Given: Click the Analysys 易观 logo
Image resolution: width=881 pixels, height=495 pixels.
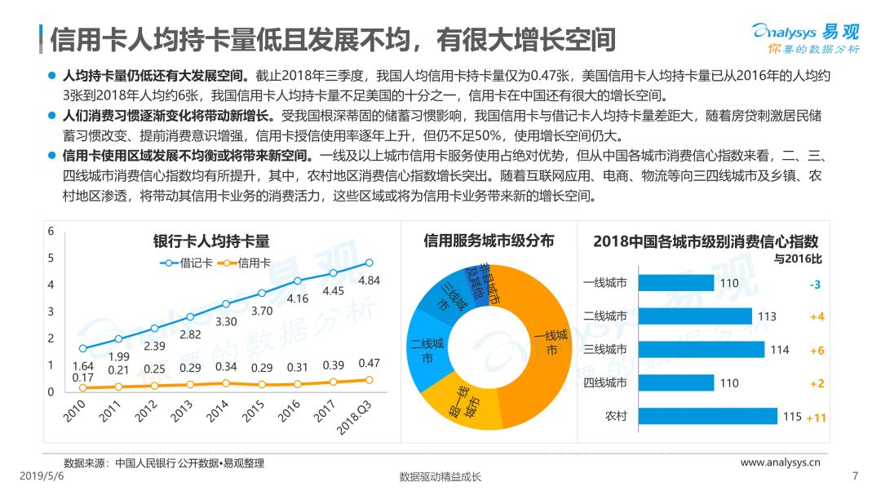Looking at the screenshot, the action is (806, 38).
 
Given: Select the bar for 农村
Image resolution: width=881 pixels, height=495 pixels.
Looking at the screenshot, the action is (708, 416).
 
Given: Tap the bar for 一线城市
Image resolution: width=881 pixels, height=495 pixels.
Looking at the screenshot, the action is (676, 283).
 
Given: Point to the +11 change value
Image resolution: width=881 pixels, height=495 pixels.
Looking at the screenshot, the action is (817, 418).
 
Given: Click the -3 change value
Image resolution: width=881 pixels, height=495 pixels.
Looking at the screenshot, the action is (815, 285).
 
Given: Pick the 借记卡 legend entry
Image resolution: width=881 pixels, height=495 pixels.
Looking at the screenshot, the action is (187, 263).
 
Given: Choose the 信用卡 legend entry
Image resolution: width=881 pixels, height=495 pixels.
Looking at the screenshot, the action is (245, 263).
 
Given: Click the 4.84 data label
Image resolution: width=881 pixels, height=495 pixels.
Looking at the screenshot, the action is (370, 281).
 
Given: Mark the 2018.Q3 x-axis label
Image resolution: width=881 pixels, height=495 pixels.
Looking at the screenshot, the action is (355, 418).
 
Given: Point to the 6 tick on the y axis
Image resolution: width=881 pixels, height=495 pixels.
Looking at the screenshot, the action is (51, 231).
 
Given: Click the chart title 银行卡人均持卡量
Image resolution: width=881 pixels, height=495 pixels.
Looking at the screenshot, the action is (211, 241).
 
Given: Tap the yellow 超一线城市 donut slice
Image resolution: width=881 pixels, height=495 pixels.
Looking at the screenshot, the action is (462, 402).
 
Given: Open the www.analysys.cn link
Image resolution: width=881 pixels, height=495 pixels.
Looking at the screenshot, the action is (781, 462).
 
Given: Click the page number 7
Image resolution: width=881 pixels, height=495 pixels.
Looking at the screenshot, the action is (855, 476).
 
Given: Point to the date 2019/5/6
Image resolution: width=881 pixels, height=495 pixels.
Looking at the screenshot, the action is (42, 476).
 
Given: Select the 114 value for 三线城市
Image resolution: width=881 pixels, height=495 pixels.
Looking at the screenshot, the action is (780, 350).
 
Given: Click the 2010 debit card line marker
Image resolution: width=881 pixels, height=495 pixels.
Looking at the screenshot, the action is (83, 348).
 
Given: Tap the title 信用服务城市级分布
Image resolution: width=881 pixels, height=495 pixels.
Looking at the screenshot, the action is (489, 241).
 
